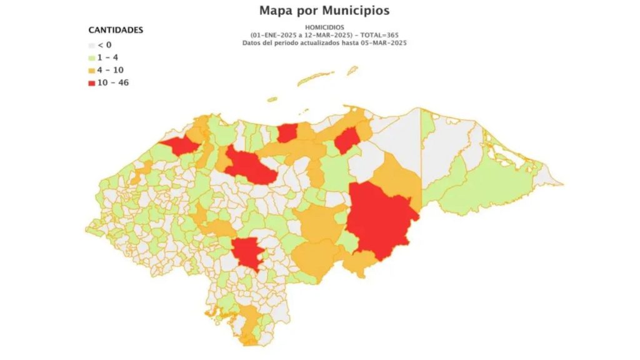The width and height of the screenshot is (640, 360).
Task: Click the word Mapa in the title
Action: click(278, 11)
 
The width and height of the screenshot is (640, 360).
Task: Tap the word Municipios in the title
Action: click(357, 11)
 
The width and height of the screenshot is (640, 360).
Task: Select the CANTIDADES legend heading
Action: click(116, 30)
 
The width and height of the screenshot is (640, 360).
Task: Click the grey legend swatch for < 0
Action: click(91, 45)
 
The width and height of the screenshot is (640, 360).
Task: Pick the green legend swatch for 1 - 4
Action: click(91, 57)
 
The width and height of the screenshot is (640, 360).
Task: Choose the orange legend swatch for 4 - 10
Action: click(91, 70)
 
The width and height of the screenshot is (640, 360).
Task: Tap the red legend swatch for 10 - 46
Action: click(91, 82)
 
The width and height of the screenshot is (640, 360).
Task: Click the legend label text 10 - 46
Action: click(114, 82)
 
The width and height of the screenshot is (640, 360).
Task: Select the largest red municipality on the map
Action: click(379, 219)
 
